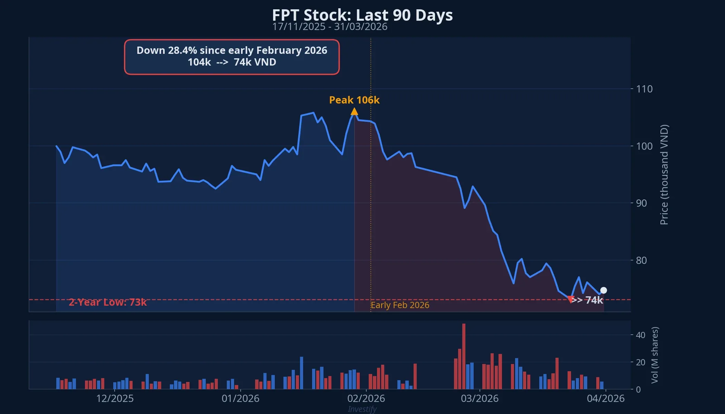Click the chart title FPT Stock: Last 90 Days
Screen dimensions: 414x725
coord(362,15)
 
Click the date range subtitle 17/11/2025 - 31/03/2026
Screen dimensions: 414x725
coord(330,27)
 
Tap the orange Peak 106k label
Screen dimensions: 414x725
coord(354,100)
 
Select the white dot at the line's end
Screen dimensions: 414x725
coord(603,290)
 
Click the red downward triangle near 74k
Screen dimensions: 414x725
coord(570,299)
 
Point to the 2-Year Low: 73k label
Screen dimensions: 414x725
coord(108,302)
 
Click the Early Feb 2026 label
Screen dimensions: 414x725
coord(400,305)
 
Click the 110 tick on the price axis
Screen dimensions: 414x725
coord(644,89)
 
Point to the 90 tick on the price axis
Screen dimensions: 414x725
coord(641,203)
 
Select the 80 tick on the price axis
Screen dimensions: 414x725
coord(641,260)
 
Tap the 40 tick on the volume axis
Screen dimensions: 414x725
coord(640,335)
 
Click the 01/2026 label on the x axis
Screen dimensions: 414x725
coord(240,398)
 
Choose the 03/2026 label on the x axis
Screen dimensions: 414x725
coord(480,398)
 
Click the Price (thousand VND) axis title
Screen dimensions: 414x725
coord(664,175)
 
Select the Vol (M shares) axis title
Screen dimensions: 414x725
coord(655,355)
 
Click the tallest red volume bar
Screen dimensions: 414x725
coord(464,356)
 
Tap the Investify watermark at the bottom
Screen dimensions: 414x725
coord(362,409)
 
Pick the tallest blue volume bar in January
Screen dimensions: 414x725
coord(301,373)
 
